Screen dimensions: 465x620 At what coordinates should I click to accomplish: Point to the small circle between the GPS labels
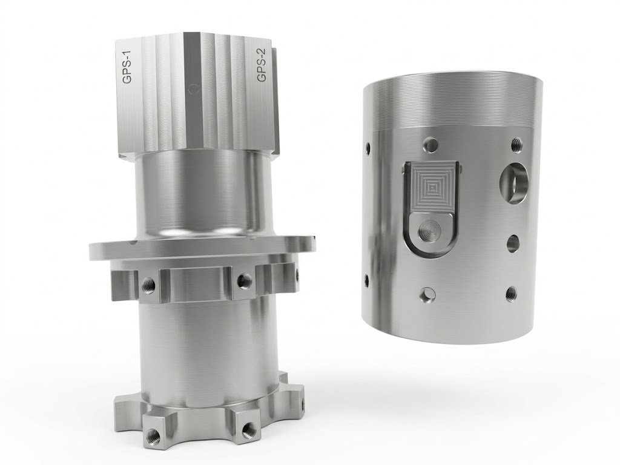193,88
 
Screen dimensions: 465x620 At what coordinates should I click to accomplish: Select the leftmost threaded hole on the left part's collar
147,283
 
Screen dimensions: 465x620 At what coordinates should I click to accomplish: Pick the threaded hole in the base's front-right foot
247,430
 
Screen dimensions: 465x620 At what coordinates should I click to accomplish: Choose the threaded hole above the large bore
516,143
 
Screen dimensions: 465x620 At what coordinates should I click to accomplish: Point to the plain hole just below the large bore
512,243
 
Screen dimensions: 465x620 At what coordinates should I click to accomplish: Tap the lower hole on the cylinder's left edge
366,279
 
